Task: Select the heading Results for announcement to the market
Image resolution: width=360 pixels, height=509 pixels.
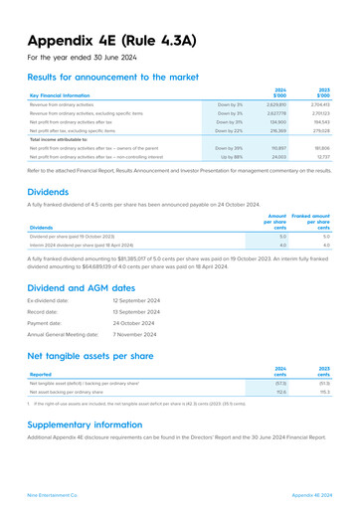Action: pos(124,77)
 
